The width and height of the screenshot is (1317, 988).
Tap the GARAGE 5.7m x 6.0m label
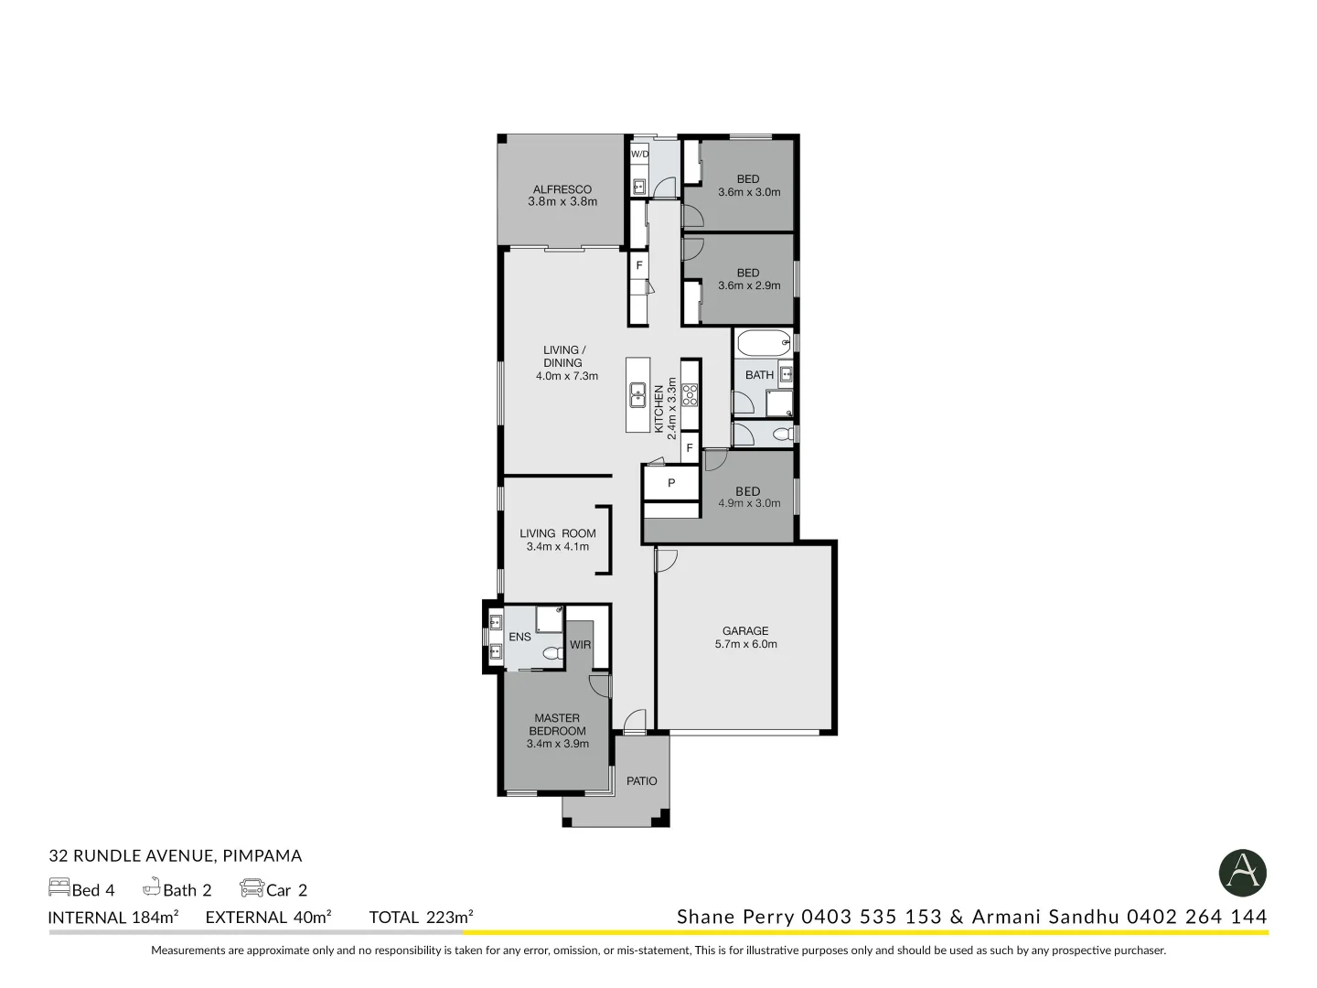[x=745, y=638]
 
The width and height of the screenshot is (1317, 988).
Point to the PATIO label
[x=641, y=781]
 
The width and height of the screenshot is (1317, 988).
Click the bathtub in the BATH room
[x=764, y=345]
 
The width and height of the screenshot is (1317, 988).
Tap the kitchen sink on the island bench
[x=638, y=396]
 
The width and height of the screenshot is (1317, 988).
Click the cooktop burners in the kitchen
[x=690, y=394]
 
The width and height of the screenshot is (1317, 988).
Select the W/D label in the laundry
[x=639, y=155]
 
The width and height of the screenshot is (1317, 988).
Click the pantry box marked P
[x=670, y=483]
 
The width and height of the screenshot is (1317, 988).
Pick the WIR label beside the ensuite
[x=580, y=645]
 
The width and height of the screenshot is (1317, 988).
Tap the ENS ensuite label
[x=519, y=638]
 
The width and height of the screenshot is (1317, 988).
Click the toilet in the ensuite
[x=551, y=653]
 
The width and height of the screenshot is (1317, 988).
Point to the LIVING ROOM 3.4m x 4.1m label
[x=558, y=540]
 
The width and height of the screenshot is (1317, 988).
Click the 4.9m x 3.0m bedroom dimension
[x=749, y=504]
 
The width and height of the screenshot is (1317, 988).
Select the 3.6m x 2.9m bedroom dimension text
[x=749, y=285]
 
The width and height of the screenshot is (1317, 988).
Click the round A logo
[x=1243, y=873]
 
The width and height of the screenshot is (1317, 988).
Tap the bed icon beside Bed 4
[x=59, y=887]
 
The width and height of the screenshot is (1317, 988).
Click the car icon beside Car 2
[x=252, y=888]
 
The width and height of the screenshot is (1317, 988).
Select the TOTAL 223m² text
[x=421, y=918]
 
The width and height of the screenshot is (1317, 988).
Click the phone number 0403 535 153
[x=871, y=917]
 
